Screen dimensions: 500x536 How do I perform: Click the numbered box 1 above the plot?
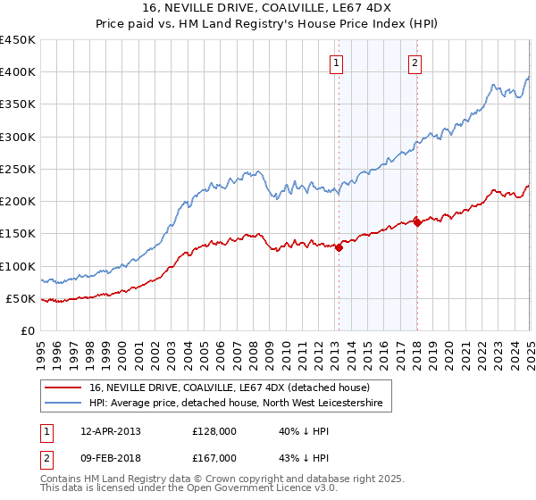(x=337, y=62)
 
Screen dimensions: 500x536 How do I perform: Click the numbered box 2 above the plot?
(x=416, y=62)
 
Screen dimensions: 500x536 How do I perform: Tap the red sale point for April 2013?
(x=339, y=248)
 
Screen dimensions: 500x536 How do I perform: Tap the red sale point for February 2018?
(x=418, y=223)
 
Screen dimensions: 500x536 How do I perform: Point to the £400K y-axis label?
(x=18, y=72)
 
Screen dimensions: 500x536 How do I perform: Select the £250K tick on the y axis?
(x=18, y=169)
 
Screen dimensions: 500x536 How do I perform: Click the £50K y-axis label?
(x=21, y=298)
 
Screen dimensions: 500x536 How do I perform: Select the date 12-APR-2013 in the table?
(x=111, y=431)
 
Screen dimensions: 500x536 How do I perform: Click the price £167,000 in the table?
(x=214, y=457)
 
